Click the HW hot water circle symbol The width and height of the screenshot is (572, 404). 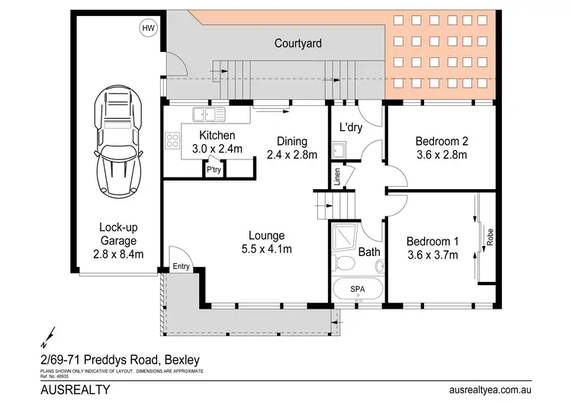[146, 28]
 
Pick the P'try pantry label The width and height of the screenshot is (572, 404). [215, 172]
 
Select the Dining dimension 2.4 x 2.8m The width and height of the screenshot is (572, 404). [291, 155]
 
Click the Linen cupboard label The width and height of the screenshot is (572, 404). [336, 176]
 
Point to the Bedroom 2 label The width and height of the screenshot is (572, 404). [441, 141]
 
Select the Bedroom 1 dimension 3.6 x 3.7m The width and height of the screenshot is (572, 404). [432, 254]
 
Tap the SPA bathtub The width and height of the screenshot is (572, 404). [357, 290]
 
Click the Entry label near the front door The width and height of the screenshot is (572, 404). [181, 265]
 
